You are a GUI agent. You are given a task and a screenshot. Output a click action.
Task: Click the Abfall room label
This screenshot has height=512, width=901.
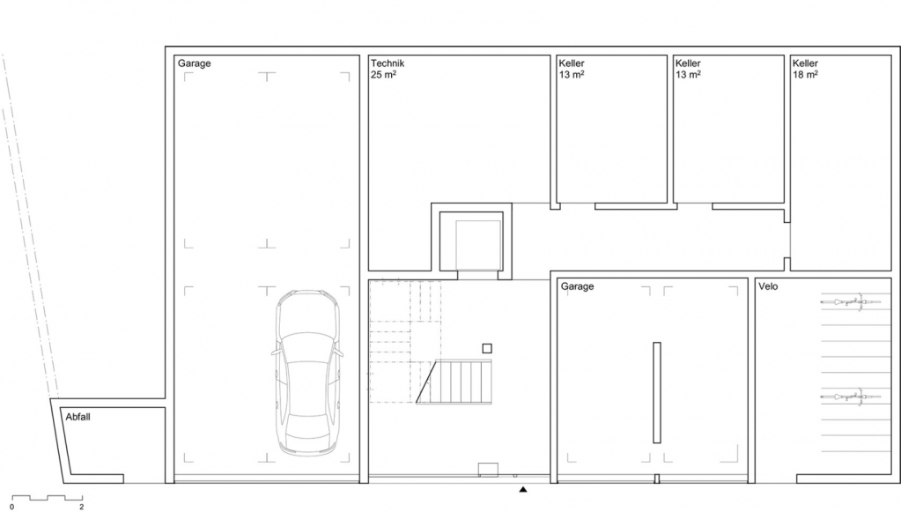pos(78,417)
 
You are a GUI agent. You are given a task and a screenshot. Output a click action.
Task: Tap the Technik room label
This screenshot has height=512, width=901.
pos(388,63)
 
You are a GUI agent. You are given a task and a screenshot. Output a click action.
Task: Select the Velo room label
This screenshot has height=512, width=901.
pos(768,286)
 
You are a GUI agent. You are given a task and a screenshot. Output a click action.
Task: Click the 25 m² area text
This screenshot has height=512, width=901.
pos(383,74)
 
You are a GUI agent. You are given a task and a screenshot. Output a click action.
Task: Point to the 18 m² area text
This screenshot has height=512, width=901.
pos(805,74)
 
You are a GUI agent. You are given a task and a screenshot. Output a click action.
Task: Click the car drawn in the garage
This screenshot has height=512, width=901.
pos(308,373)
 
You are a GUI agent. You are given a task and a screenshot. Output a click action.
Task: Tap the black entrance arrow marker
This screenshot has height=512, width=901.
pos(523,490)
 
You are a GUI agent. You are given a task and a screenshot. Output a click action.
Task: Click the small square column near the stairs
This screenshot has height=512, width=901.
pos(487,348)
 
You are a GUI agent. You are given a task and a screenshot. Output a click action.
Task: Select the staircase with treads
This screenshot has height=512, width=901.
pos(454,382)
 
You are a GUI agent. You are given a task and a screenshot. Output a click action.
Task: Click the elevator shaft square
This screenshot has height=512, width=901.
pos(478,245)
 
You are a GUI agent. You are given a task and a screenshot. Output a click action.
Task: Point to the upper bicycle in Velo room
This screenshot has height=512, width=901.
pos(843,301)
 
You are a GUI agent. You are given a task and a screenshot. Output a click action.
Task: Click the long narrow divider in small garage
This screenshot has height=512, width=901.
pos(657,392)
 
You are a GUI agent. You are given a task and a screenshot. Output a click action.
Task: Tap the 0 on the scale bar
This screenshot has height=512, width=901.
pos(11,507)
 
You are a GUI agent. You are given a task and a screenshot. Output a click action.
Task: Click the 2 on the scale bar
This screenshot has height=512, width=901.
pos(82,507)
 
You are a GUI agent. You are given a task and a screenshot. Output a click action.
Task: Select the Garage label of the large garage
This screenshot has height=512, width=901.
pos(195,63)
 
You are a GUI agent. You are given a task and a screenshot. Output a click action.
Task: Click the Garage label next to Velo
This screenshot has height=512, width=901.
pos(577,286)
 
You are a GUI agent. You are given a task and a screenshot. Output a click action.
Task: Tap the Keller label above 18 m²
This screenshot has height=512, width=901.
pos(805,63)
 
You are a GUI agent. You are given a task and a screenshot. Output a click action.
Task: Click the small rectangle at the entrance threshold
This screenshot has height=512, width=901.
pos(488,470)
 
